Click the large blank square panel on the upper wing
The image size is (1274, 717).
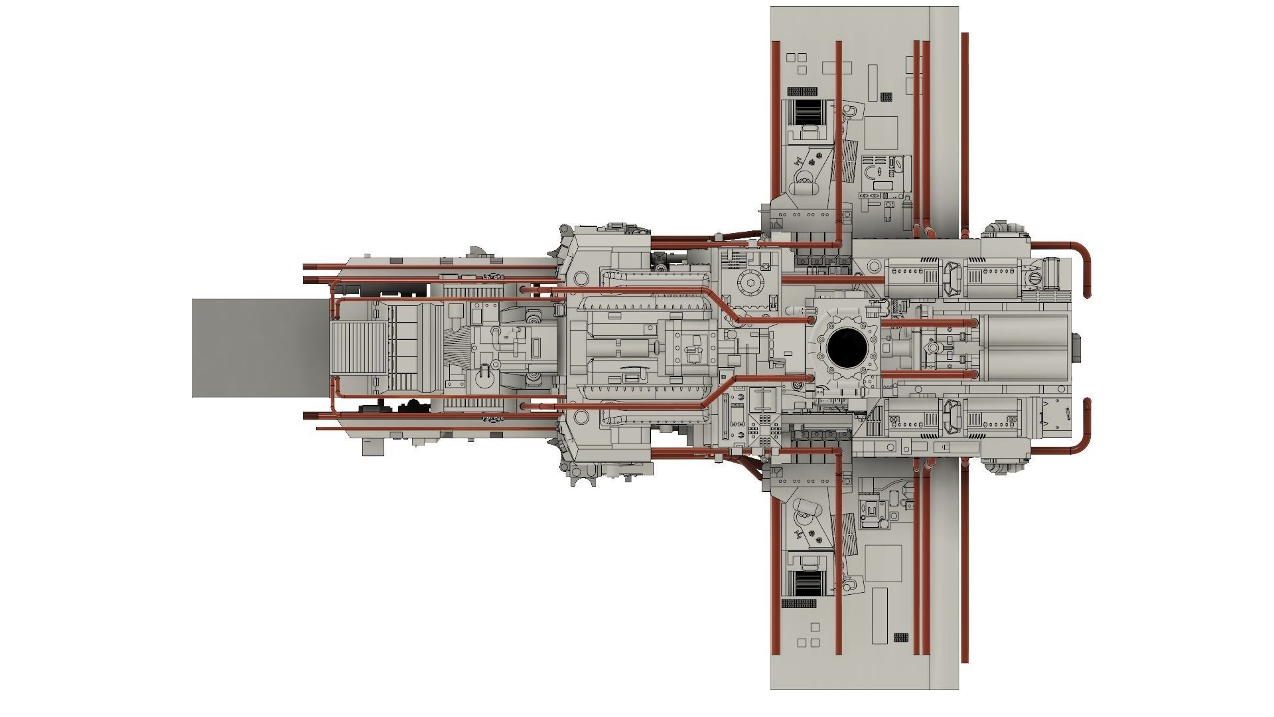881,134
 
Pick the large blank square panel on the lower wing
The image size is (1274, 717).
884,563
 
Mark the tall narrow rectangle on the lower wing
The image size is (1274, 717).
880,615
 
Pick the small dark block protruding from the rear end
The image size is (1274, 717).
1076,348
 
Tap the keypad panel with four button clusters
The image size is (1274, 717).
764,425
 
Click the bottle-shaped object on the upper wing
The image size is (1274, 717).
899,166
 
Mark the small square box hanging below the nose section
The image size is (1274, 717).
373,447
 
